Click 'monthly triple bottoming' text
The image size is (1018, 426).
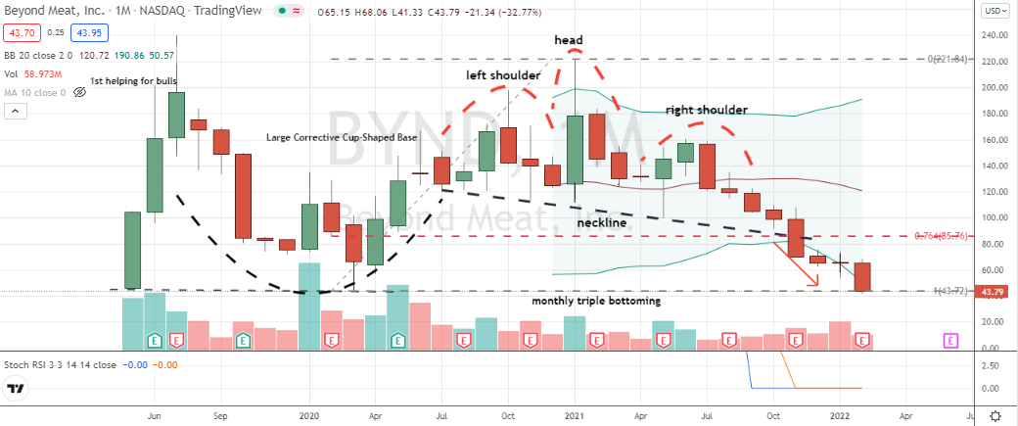[x=595, y=302]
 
